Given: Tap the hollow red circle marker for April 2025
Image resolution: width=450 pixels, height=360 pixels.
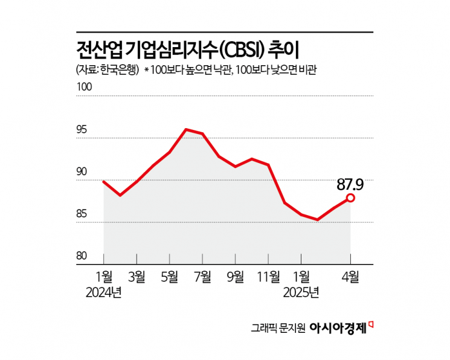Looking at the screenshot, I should (350, 198).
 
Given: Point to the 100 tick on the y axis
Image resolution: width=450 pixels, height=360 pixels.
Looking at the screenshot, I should (83, 87).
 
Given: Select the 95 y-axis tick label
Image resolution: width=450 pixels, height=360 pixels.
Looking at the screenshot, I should (82, 129).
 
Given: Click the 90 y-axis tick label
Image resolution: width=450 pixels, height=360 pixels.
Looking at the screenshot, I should (82, 172).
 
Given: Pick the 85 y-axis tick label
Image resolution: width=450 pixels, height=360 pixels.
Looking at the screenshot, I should (82, 214).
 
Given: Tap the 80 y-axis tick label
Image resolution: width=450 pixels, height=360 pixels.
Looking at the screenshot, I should (82, 256).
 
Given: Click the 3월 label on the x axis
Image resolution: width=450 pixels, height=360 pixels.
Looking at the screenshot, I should (137, 277).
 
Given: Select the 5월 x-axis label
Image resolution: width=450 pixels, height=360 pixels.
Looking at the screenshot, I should (170, 277).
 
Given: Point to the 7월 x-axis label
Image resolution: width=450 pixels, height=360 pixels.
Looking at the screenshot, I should (202, 277).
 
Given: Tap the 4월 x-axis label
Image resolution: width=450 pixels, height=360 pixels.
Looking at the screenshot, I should (350, 277).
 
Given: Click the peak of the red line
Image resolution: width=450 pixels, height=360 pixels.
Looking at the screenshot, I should (186, 129).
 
